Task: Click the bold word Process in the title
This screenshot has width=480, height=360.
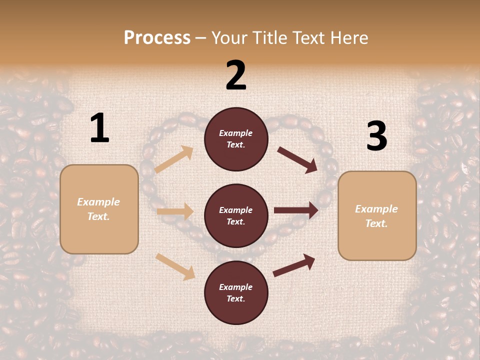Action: (157, 38)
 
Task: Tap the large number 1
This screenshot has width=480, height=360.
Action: (99, 128)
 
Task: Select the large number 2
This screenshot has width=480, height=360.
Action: (236, 75)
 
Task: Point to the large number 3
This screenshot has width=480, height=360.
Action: (376, 136)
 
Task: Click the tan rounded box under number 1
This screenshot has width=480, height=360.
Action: (99, 209)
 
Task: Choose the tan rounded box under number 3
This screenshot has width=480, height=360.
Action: (377, 216)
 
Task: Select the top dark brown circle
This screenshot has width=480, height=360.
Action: (236, 139)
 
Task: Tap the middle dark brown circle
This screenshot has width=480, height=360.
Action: (236, 215)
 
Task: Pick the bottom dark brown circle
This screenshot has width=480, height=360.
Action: (236, 292)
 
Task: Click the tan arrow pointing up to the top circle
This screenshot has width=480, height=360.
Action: (174, 159)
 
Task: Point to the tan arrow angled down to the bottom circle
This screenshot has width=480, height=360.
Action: (175, 266)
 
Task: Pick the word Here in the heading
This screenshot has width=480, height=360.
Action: (349, 38)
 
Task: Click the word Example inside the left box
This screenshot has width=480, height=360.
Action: (98, 202)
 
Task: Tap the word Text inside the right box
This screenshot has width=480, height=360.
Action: (376, 223)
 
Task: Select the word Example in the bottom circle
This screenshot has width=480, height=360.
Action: (236, 287)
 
